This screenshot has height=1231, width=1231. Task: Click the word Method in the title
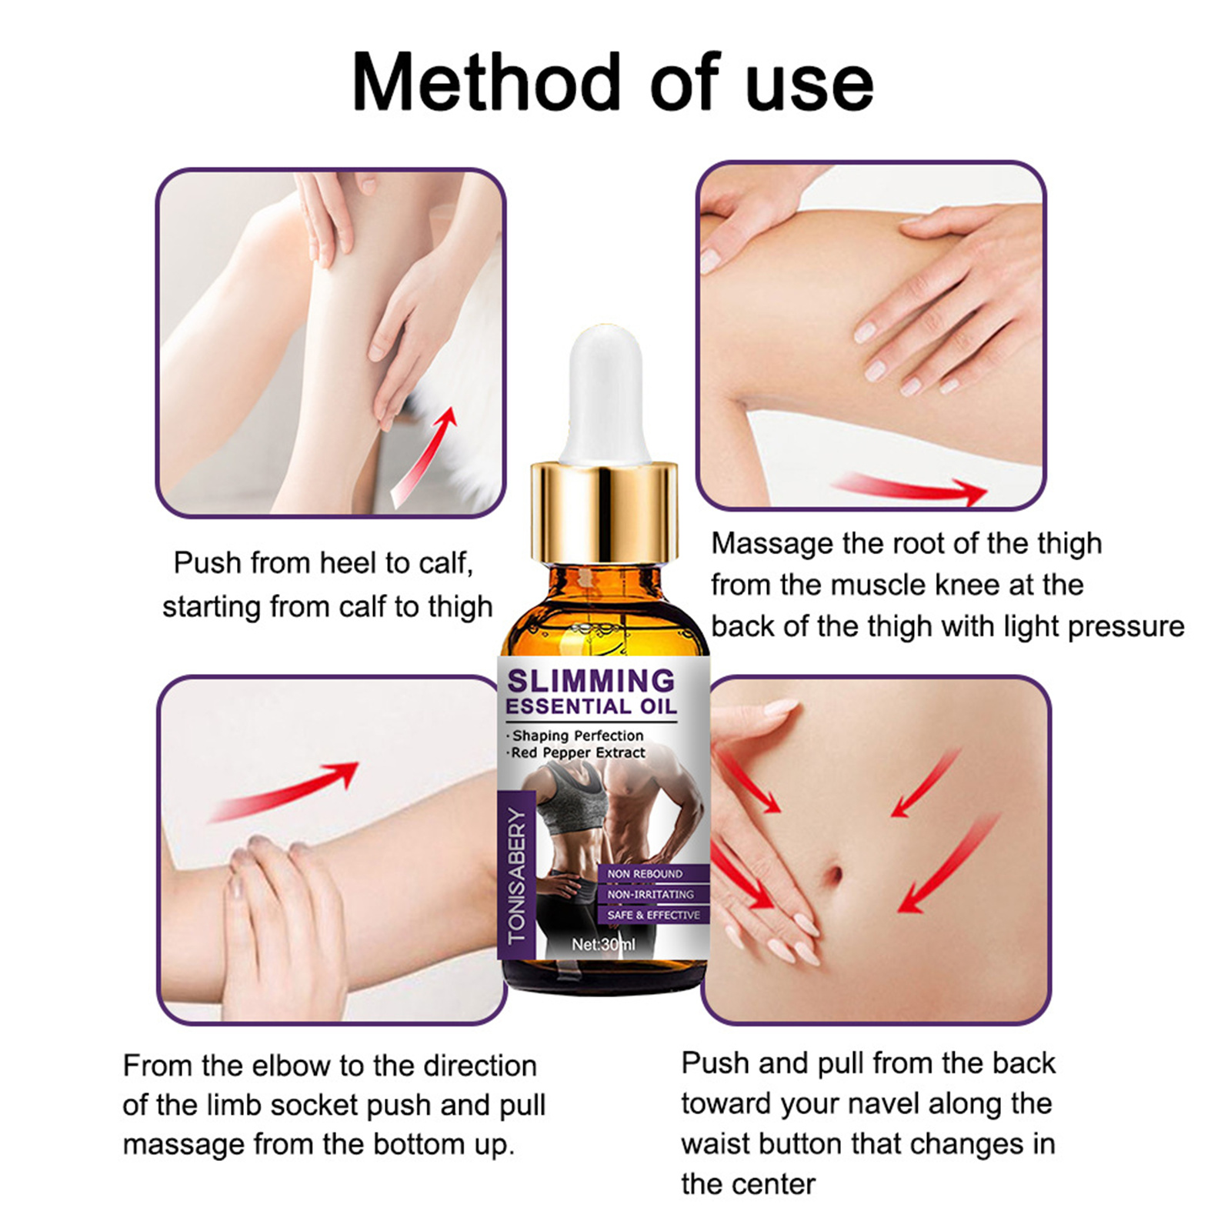486,82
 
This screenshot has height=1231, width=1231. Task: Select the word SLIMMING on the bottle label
591,681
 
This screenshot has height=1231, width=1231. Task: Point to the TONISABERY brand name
517,876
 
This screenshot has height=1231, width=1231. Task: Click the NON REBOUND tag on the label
645,874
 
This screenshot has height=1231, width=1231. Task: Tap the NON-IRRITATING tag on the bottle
650,895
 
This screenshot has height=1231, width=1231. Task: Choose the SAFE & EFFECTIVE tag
653,915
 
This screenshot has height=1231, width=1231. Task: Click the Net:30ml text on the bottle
603,944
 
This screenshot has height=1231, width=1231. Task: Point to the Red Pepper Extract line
577,752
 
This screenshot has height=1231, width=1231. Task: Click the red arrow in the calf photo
423,457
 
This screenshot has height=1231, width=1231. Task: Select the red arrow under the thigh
908,488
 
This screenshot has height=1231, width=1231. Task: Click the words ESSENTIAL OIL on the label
591,706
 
